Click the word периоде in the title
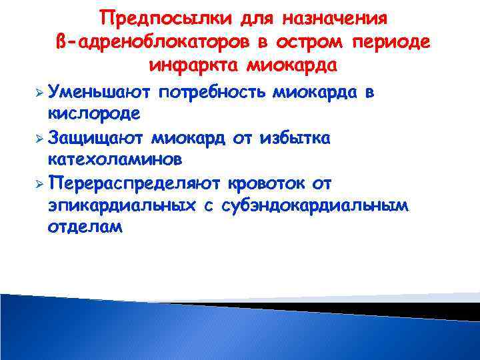(399, 42)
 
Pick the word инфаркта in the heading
(194, 67)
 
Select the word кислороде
(93, 113)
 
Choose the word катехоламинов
(112, 160)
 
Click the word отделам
(85, 227)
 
